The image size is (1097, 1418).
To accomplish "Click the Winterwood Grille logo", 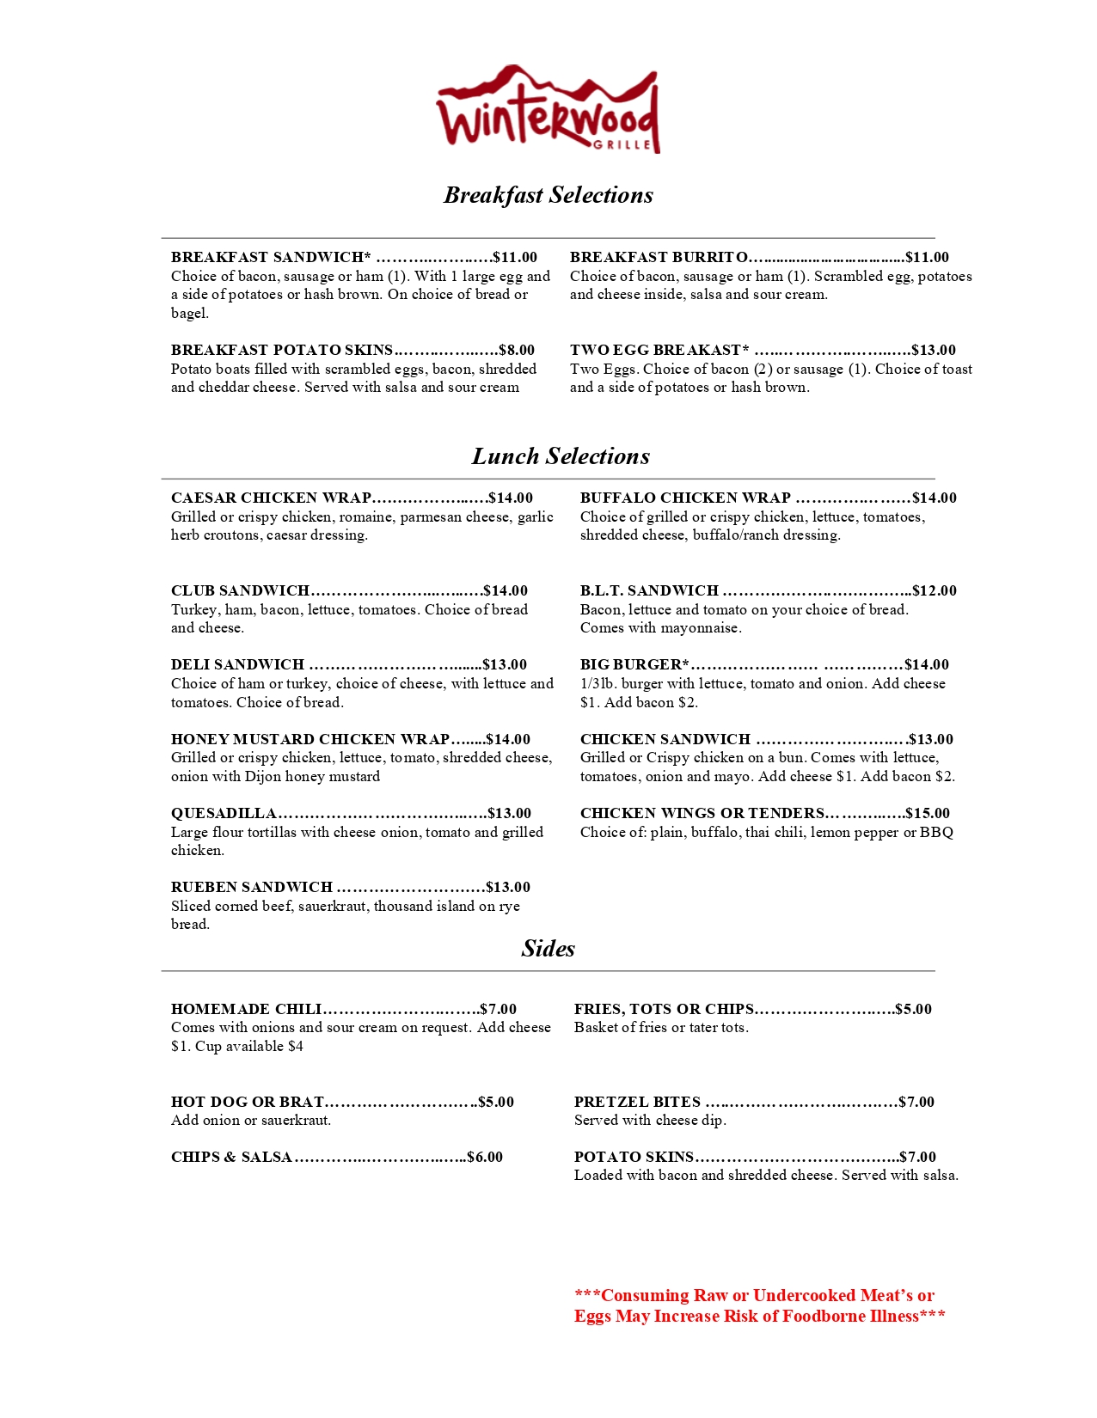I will [x=548, y=110].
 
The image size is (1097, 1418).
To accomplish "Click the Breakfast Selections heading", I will [x=548, y=195].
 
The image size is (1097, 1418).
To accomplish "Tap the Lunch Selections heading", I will [x=560, y=456].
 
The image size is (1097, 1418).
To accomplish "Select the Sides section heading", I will [x=548, y=949].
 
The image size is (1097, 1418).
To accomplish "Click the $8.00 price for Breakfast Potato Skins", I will [x=517, y=350].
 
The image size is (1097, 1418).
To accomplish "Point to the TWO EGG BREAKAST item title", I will [x=659, y=350].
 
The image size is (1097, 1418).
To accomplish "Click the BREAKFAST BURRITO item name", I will [x=659, y=257].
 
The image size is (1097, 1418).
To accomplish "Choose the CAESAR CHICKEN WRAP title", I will [x=271, y=498].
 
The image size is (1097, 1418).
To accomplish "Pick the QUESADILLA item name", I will [x=224, y=813].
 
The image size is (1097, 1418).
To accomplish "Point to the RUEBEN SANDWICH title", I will [x=251, y=887].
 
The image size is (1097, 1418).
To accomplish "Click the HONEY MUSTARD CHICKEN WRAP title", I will [x=310, y=739].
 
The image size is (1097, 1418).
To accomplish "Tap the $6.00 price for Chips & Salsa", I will [x=485, y=1157].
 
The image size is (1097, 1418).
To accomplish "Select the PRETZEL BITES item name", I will [x=637, y=1102].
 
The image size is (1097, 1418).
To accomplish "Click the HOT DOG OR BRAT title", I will [x=247, y=1102].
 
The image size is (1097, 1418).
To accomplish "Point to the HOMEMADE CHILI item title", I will [x=246, y=1009].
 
